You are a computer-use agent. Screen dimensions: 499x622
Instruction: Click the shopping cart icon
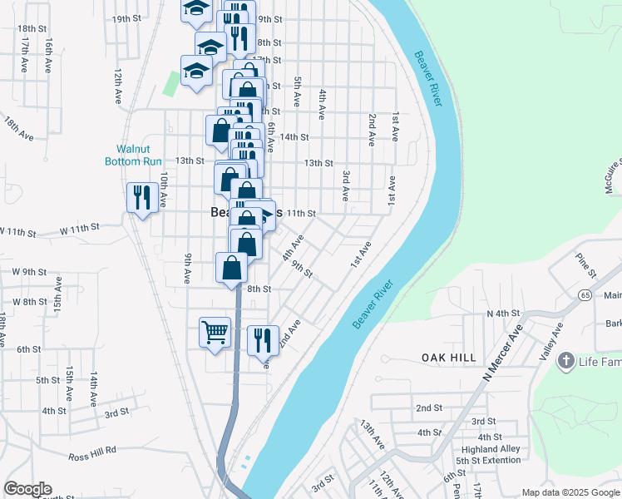coord(215,332)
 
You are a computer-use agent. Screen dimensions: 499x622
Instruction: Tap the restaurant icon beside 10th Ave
coord(141,197)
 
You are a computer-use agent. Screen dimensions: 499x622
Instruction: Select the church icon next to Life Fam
coord(566,361)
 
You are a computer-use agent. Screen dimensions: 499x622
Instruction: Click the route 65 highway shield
coord(585,295)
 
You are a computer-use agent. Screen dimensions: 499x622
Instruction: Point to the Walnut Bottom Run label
coord(133,156)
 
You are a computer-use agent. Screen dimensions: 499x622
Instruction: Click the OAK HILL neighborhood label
coord(448,358)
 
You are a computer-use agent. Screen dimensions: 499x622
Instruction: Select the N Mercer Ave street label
coord(503,353)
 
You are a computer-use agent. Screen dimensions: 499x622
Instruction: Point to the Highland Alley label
coord(491,449)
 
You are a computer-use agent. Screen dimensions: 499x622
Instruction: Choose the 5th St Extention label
coord(488,461)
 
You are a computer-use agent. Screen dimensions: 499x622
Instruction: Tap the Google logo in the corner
coord(27,489)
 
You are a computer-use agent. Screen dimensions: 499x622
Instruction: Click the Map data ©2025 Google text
coord(570,492)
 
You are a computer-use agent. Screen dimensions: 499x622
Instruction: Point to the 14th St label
coord(294,137)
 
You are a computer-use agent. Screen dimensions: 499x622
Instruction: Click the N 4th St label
coord(502,314)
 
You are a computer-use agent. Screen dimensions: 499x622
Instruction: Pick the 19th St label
coord(126,18)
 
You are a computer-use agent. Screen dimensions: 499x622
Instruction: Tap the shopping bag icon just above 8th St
coord(233,269)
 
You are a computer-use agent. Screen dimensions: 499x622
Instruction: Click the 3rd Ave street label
coord(345,186)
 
